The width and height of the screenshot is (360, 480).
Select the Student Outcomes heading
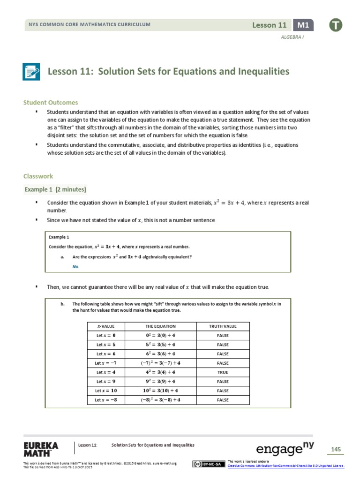(51, 102)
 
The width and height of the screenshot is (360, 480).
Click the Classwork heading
(38, 176)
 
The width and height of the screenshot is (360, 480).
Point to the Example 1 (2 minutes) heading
(56, 189)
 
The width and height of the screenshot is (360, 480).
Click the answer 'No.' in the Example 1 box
(76, 266)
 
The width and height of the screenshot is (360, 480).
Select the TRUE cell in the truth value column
(223, 372)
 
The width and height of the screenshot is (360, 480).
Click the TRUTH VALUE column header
(223, 326)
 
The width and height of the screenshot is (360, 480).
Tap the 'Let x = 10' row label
(106, 390)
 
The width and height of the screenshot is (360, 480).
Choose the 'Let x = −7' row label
(106, 363)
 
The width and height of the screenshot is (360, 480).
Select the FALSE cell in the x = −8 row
(223, 400)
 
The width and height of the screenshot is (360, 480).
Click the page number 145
(335, 450)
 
